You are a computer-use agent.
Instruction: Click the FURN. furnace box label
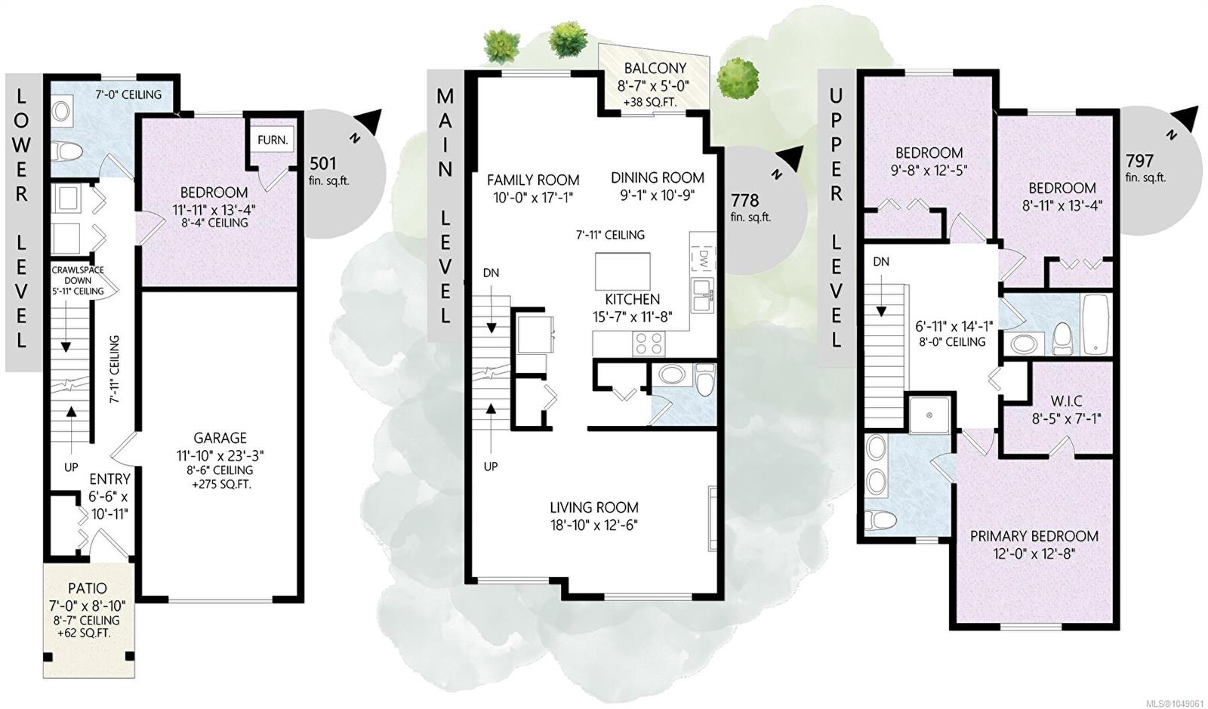pyautogui.click(x=273, y=140)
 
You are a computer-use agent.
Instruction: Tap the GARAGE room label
pyautogui.click(x=220, y=438)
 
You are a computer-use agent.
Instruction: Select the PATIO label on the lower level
pyautogui.click(x=88, y=588)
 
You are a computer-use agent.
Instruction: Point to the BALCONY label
pyautogui.click(x=655, y=69)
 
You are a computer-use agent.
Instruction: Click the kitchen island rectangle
pyautogui.click(x=622, y=271)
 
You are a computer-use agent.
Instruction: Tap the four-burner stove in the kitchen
pyautogui.click(x=649, y=344)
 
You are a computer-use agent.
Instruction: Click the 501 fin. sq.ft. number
pyautogui.click(x=323, y=163)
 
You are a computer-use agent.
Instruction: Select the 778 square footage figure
pyautogui.click(x=744, y=201)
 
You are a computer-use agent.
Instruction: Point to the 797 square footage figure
pyautogui.click(x=1139, y=161)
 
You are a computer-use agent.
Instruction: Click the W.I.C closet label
pyautogui.click(x=1066, y=401)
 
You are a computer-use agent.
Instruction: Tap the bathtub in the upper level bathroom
pyautogui.click(x=1096, y=325)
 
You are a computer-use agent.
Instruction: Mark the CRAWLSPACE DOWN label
pyautogui.click(x=78, y=275)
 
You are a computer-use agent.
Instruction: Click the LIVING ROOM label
pyautogui.click(x=594, y=507)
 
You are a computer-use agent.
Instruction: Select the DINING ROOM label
pyautogui.click(x=658, y=177)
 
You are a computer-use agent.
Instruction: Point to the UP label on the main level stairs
pyautogui.click(x=490, y=467)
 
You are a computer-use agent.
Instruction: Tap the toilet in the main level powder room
pyautogui.click(x=704, y=379)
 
